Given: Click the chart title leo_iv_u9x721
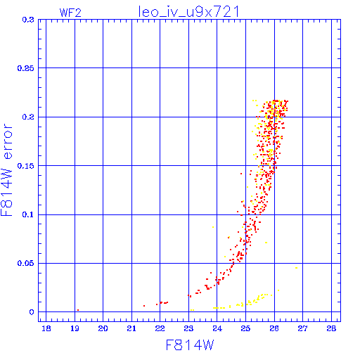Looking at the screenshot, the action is click(189, 12).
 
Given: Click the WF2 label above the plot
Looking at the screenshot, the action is click(70, 13).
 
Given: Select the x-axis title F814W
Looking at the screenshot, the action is click(190, 345).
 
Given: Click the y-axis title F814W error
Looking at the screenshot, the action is click(6, 169).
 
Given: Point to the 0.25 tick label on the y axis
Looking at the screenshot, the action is click(25, 68).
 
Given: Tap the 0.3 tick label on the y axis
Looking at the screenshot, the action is click(28, 20).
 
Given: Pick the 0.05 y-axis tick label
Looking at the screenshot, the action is click(25, 263).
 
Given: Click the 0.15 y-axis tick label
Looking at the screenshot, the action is click(25, 166).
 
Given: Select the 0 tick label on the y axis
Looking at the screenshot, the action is click(32, 312).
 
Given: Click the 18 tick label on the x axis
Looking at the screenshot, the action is click(46, 328).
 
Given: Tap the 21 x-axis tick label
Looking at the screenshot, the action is click(131, 328).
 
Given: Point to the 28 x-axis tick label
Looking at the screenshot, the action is click(331, 328).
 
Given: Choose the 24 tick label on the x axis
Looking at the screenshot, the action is click(217, 328).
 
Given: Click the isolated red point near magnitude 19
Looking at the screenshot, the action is click(78, 310).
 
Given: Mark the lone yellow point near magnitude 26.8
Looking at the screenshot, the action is click(297, 268).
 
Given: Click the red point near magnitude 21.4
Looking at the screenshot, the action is click(144, 306).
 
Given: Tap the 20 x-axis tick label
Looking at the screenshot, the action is click(103, 328).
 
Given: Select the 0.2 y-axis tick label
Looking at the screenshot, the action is click(28, 117).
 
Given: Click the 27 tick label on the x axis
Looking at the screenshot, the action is click(302, 328).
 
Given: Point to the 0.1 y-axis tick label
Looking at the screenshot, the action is click(28, 214).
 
